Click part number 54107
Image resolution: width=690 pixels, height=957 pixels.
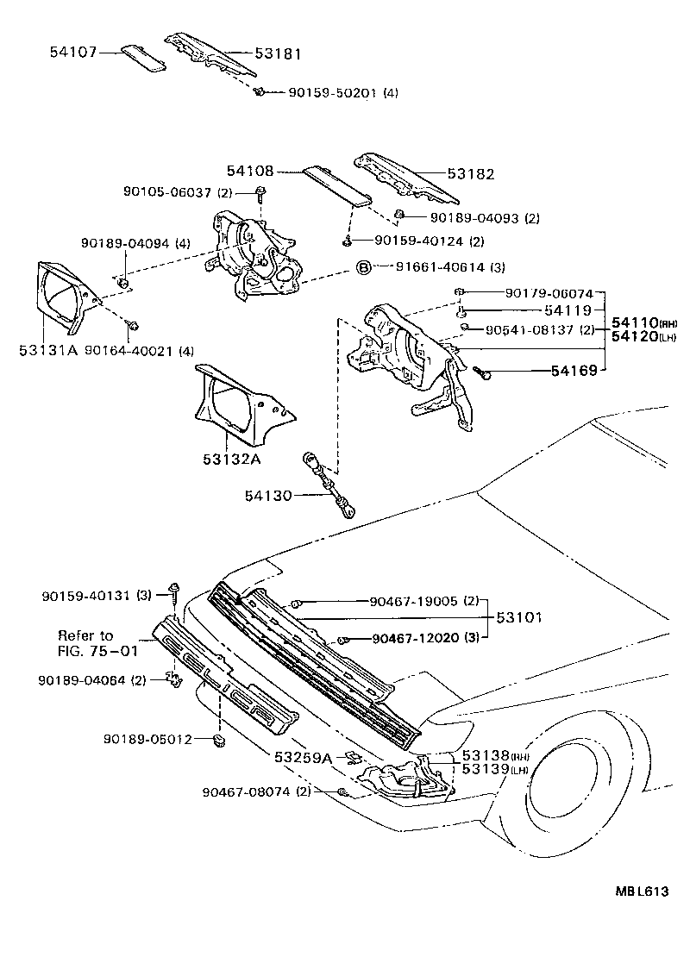coord(72,52)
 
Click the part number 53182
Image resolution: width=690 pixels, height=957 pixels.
coord(471,173)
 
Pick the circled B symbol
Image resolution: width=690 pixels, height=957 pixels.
coord(364,267)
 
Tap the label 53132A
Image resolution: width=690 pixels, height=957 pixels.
coord(232,459)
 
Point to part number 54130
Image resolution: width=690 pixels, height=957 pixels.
coord(268,496)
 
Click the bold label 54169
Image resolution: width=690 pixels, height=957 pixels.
coord(575,372)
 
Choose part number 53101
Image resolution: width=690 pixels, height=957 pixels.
coord(519,618)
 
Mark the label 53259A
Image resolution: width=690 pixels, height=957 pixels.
coord(303,758)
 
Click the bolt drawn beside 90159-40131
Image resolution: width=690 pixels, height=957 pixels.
coord(174,593)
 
